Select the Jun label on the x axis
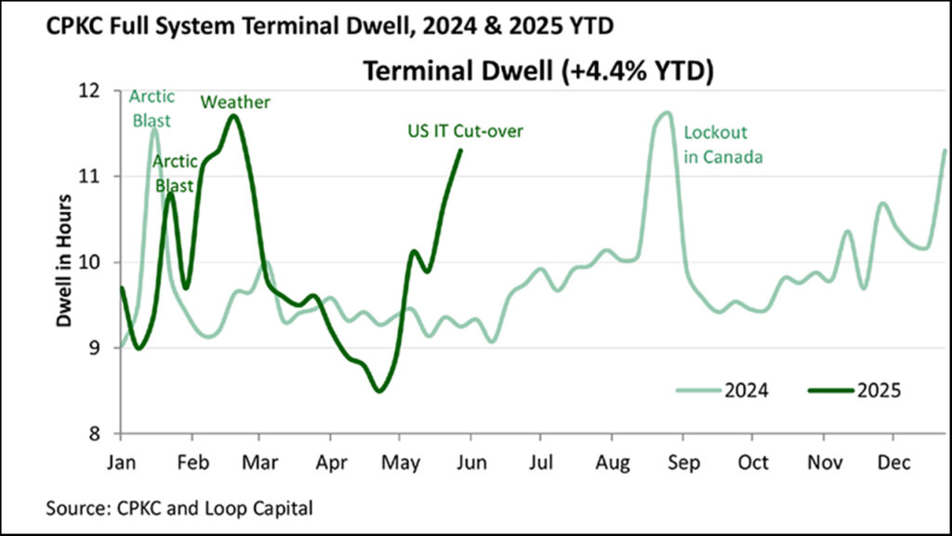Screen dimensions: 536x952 (471, 461)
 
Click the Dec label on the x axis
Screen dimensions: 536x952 (893, 461)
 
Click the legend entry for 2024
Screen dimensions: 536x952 (722, 391)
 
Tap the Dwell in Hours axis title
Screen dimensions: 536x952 (65, 262)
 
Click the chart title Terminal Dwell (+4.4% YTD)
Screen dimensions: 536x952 (537, 72)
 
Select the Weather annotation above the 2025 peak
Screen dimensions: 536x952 (235, 101)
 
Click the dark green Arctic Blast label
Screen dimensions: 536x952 (173, 174)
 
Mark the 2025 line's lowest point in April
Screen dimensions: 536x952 (378, 391)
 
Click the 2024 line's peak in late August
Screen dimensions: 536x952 (665, 113)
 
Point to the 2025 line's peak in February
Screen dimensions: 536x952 (233, 115)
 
